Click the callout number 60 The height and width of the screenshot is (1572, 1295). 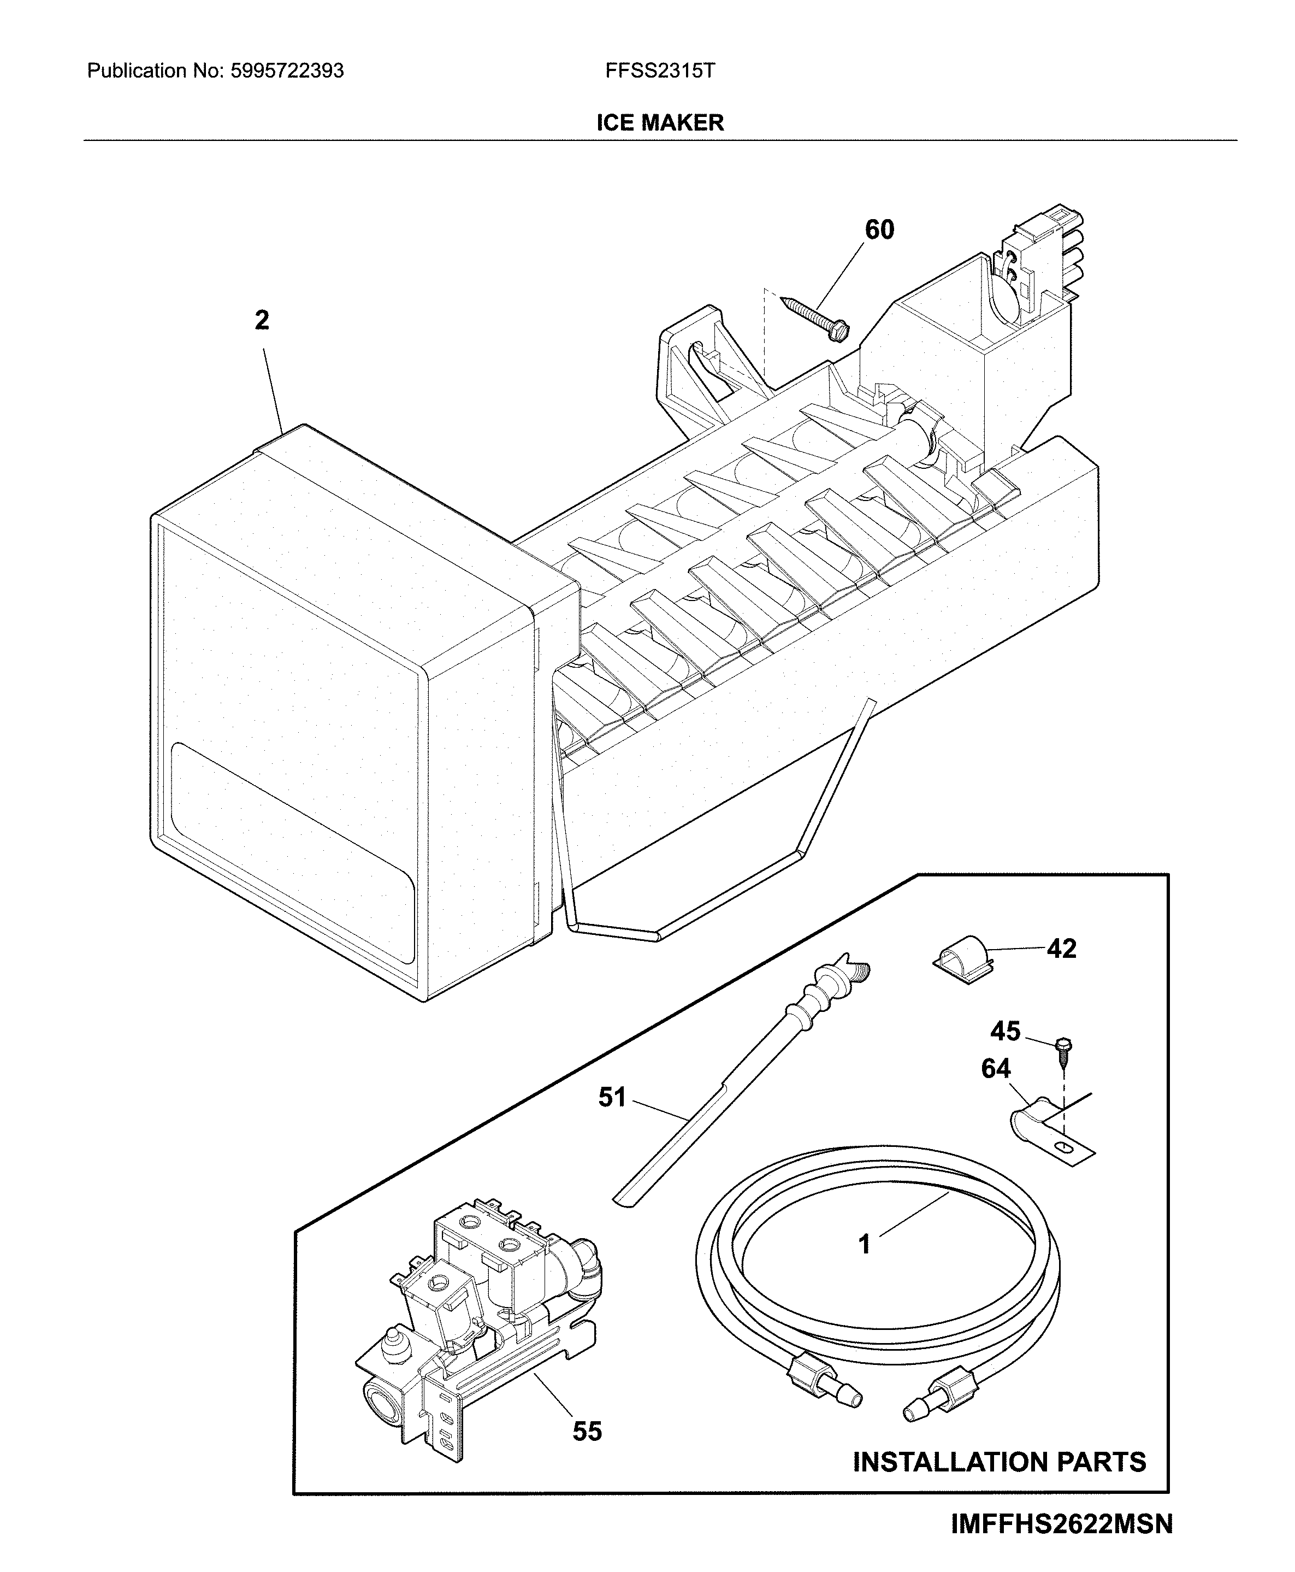point(879,230)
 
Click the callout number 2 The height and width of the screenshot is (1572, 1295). point(262,321)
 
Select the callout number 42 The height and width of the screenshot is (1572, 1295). point(1061,949)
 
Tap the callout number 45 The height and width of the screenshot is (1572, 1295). point(1005,1031)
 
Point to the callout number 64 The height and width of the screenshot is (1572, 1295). point(995,1069)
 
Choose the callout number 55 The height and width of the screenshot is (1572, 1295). point(587,1431)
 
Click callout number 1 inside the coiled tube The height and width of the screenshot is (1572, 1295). point(865,1245)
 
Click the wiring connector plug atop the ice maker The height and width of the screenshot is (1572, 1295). point(1040,257)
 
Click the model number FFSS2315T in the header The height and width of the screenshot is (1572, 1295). point(659,71)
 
